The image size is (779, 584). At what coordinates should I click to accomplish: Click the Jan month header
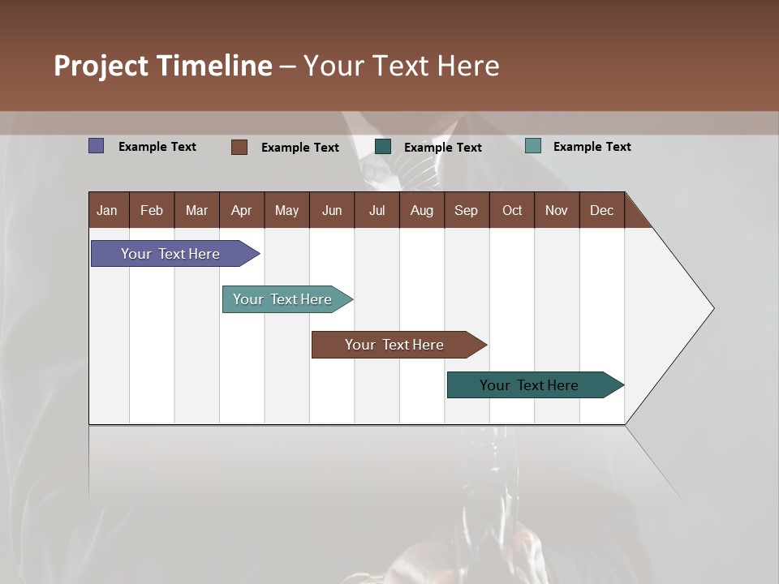point(107,210)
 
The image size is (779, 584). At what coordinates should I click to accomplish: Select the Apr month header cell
point(241,210)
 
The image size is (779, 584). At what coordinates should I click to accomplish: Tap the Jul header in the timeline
point(377,210)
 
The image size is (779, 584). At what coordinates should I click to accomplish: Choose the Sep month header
point(466,210)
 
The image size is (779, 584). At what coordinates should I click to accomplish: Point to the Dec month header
point(601,210)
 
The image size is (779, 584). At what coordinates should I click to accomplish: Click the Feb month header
point(152,210)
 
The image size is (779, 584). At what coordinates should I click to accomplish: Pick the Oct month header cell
point(512,210)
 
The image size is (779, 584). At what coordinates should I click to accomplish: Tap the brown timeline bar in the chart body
point(395,345)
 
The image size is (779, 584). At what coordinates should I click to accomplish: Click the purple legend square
point(96,146)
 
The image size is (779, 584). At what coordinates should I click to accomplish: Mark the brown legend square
point(239,147)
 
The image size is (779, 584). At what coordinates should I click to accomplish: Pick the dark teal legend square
point(383,146)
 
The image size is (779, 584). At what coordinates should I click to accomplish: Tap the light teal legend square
point(532,146)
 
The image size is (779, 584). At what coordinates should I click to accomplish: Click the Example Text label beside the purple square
point(157,146)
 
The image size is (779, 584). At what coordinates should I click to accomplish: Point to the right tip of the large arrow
point(712,308)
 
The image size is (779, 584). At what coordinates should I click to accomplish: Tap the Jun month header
point(332,210)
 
